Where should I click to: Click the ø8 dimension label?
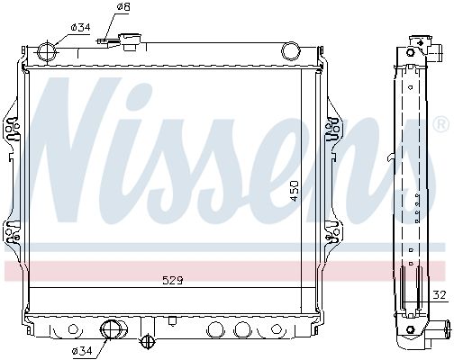(x=123, y=6)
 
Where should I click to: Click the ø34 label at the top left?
(x=80, y=27)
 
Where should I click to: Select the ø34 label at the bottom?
(x=82, y=350)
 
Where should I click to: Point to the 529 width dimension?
(x=172, y=281)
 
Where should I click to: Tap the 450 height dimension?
(x=295, y=191)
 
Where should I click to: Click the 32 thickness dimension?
(x=440, y=295)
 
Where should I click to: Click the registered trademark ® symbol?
(x=442, y=124)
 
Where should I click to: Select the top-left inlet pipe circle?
(x=48, y=51)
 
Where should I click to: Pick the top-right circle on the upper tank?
(x=291, y=50)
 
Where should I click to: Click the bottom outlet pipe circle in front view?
(x=111, y=329)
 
